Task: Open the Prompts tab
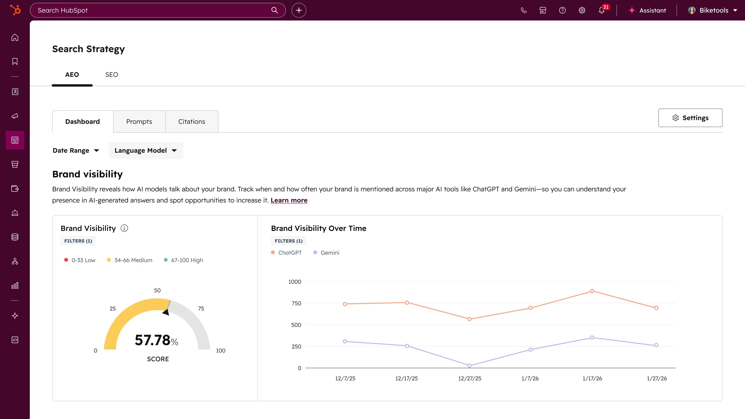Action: (139, 122)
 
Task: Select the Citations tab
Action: (191, 122)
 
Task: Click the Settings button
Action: (690, 118)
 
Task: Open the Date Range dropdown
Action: (76, 150)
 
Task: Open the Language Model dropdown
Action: (146, 150)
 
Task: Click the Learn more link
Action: (289, 200)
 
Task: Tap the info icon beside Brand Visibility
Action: (124, 228)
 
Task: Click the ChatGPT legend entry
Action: (287, 252)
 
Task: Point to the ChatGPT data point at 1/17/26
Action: (592, 291)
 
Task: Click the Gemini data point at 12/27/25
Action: (469, 365)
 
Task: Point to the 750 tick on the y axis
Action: (296, 303)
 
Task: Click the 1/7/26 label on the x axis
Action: (530, 378)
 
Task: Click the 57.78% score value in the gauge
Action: (156, 340)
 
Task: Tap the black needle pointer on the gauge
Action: (166, 312)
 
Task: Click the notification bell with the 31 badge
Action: (602, 10)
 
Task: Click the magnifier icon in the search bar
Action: (274, 10)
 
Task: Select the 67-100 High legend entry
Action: (183, 260)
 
